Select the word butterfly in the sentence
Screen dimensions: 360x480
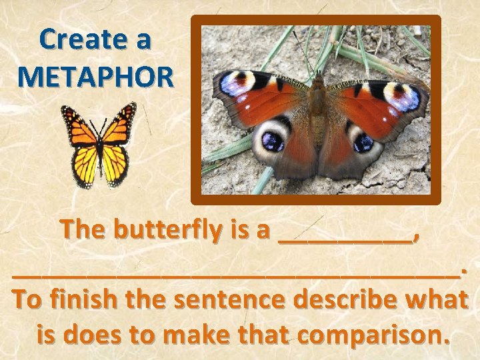pos(168,230)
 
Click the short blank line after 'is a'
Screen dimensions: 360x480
pos(344,239)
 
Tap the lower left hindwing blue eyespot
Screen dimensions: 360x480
pos(272,141)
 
